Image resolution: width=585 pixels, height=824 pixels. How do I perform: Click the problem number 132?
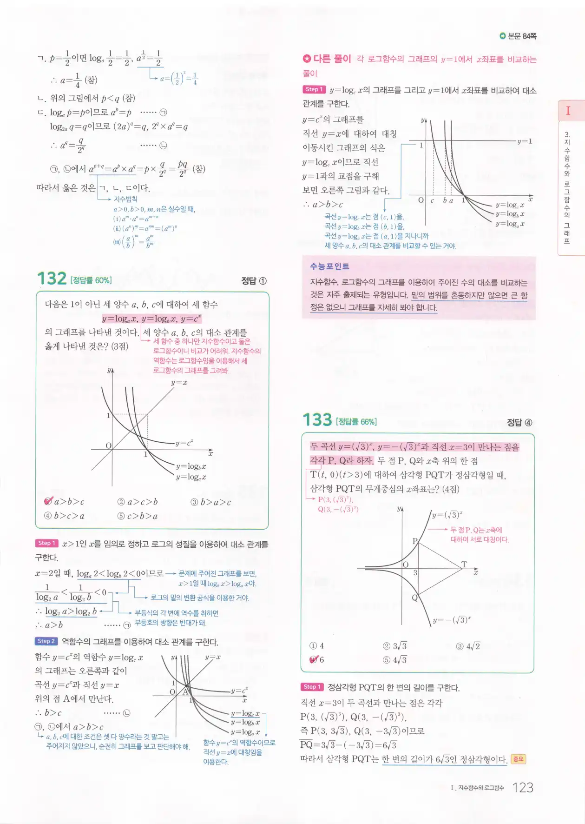point(52,279)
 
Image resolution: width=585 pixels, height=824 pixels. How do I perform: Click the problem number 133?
point(317,420)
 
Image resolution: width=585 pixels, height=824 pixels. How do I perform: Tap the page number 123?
point(523,788)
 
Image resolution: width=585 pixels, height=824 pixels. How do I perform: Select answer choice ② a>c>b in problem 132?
point(138,502)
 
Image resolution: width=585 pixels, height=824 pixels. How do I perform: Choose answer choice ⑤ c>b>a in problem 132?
point(138,516)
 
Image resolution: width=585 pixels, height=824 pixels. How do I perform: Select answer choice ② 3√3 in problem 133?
point(394,646)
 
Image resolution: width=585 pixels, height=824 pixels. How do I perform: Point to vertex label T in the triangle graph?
point(464,565)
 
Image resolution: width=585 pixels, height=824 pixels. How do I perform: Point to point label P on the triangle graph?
point(415,541)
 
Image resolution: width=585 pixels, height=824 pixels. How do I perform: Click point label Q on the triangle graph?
point(414,598)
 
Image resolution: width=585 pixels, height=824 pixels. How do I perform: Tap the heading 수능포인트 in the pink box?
point(330,266)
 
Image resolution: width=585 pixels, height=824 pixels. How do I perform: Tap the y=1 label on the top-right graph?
point(525,141)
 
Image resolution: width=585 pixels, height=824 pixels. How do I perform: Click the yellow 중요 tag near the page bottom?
point(518,759)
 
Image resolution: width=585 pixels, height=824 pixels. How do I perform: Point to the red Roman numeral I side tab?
point(568,111)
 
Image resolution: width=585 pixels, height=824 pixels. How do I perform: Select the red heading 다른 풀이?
point(332,59)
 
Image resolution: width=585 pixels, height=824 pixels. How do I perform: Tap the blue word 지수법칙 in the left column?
point(125,199)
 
